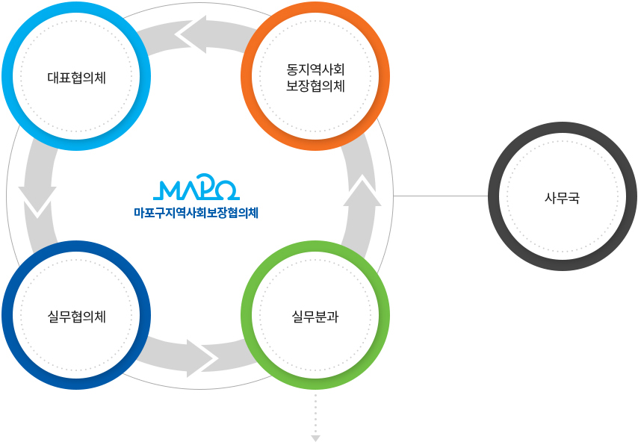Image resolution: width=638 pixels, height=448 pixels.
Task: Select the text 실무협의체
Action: pyautogui.click(x=75, y=317)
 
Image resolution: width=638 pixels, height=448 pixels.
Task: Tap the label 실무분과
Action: pyautogui.click(x=315, y=317)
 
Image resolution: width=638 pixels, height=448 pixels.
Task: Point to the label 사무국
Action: pyautogui.click(x=562, y=198)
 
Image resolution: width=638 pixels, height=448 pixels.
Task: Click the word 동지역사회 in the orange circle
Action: pyautogui.click(x=315, y=69)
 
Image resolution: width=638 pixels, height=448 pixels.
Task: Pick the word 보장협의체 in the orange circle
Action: pyautogui.click(x=315, y=86)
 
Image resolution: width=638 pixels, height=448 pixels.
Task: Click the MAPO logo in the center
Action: pyautogui.click(x=199, y=190)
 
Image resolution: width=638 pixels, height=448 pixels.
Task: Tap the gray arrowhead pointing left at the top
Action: pyautogui.click(x=193, y=34)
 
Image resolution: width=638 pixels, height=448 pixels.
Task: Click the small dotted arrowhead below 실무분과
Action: pyautogui.click(x=315, y=438)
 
